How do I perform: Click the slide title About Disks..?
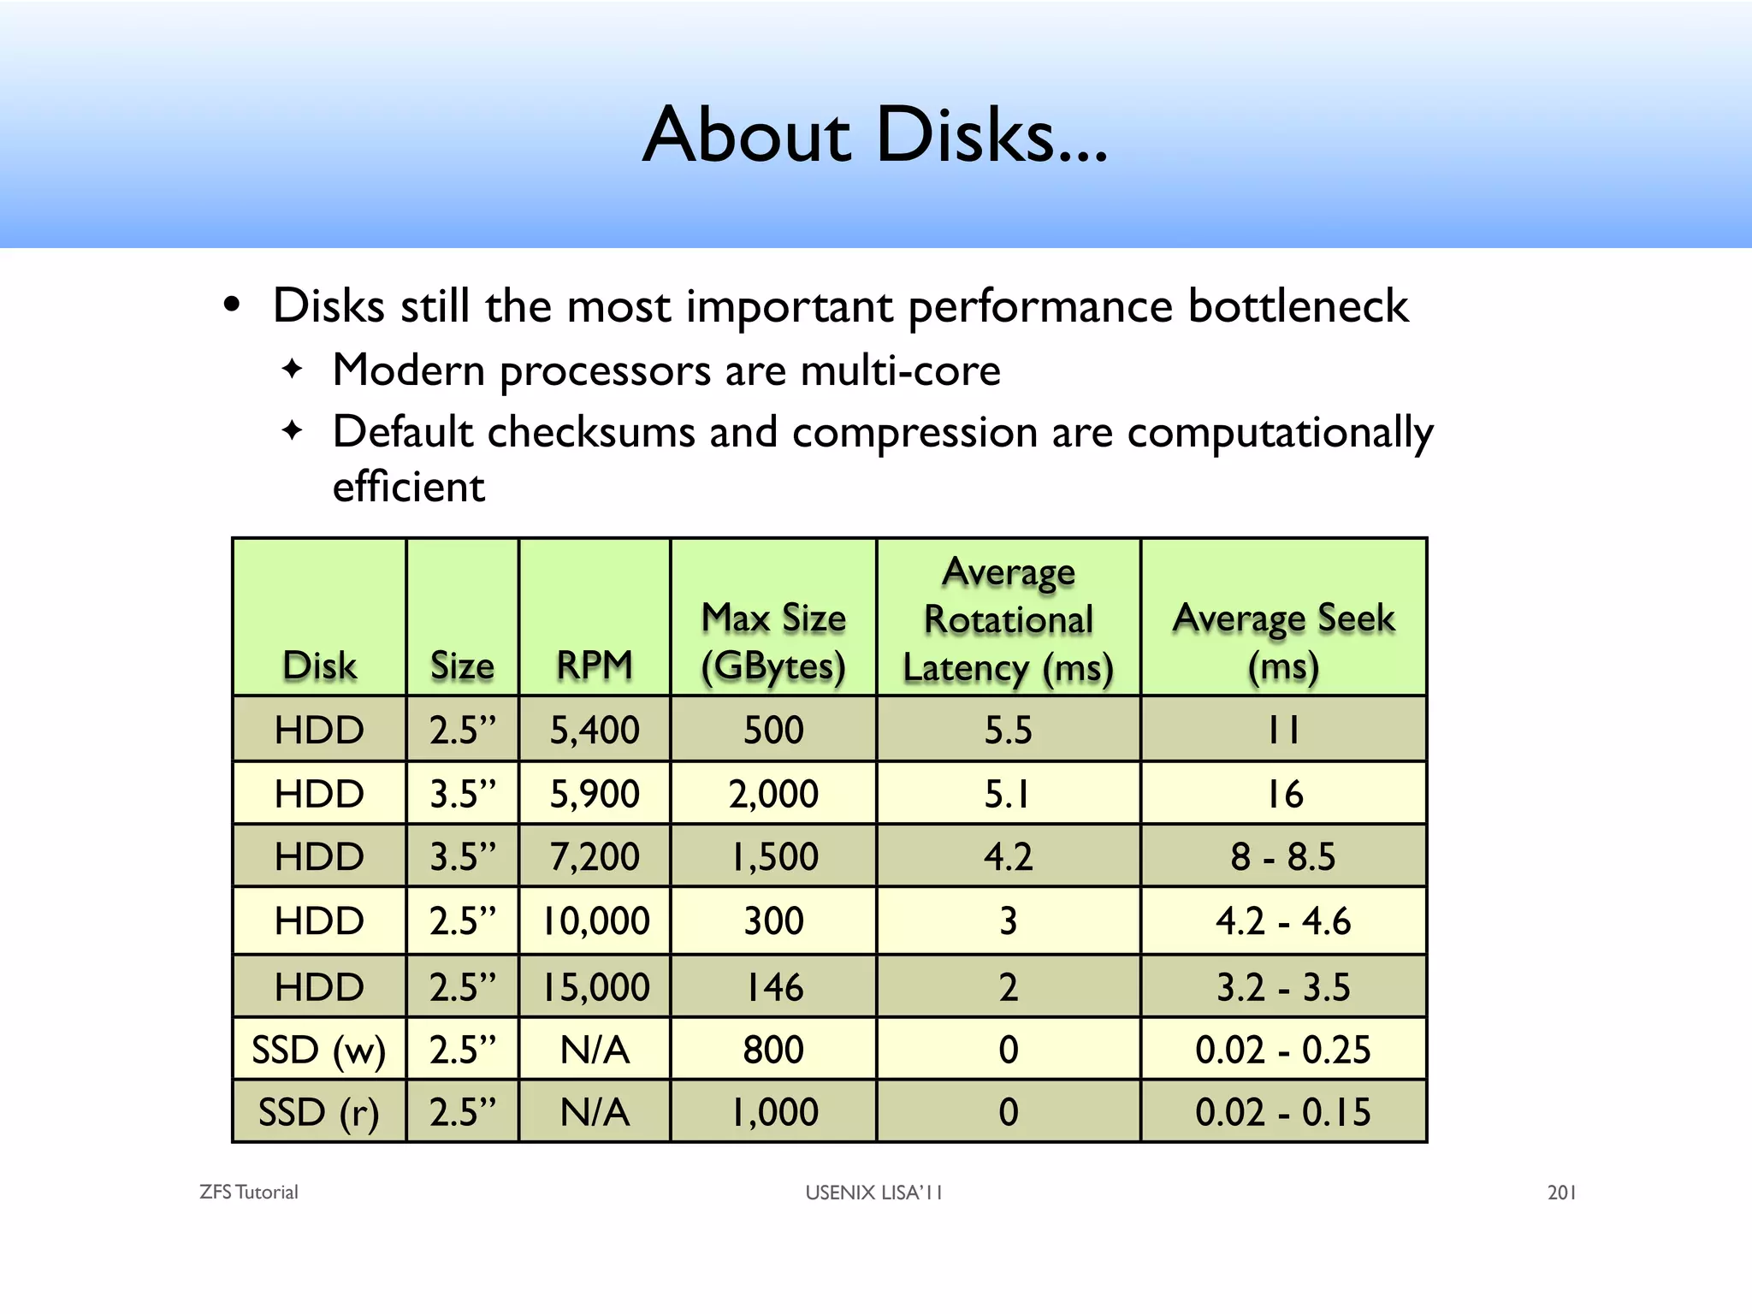click(x=874, y=135)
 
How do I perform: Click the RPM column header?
click(x=595, y=665)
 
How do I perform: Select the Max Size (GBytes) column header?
click(x=773, y=642)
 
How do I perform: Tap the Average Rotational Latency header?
click(x=1009, y=619)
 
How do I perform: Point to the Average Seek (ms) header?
click(x=1283, y=642)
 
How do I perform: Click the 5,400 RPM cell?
click(x=595, y=730)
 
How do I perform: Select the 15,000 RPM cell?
click(x=596, y=987)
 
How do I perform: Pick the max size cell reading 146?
click(x=773, y=987)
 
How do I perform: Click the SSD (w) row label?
click(x=318, y=1050)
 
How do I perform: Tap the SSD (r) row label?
click(x=318, y=1112)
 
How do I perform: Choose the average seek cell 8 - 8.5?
click(x=1283, y=856)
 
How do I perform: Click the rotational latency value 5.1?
click(x=1008, y=794)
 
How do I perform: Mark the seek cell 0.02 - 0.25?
click(x=1283, y=1050)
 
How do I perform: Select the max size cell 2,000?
click(x=773, y=794)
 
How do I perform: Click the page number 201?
click(x=1561, y=1193)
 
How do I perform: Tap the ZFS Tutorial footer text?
click(x=249, y=1193)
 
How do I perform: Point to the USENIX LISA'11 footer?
click(x=873, y=1193)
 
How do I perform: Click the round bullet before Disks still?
click(x=231, y=305)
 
